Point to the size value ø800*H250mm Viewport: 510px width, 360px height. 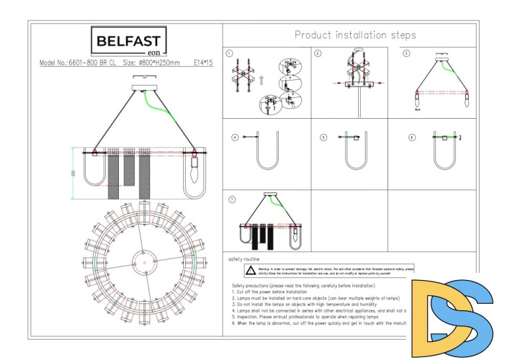pos(159,63)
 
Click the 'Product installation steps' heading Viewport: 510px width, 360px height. pos(355,35)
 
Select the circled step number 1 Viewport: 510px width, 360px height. pos(230,53)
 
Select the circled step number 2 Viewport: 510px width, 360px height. pos(318,53)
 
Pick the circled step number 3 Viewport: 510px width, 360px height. pos(406,53)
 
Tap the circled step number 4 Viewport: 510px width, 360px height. pos(234,136)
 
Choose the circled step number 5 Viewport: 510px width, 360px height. pos(323,136)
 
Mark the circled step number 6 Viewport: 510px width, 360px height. pos(411,136)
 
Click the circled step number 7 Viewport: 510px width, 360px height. pos(231,198)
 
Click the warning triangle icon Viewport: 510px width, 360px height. pos(249,271)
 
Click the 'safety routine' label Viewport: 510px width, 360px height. pos(244,258)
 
